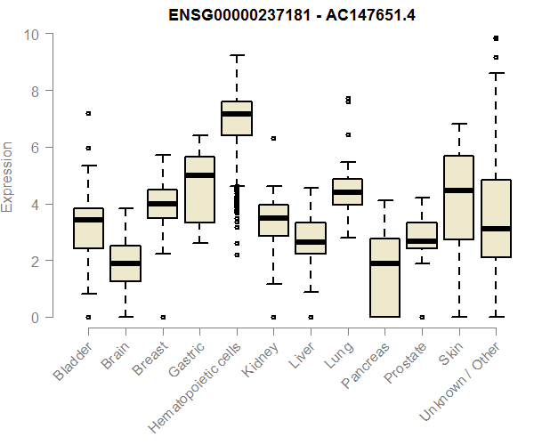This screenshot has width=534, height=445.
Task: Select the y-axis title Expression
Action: [x=8, y=176]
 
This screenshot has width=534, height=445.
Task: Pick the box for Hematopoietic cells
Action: [x=236, y=118]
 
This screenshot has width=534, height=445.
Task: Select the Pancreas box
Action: [x=384, y=278]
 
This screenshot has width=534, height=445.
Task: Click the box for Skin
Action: [x=458, y=198]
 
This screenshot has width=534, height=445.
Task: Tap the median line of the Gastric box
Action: [x=199, y=175]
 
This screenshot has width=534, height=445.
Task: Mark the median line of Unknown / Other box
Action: [x=496, y=229]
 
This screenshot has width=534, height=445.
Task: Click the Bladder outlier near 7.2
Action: [x=88, y=113]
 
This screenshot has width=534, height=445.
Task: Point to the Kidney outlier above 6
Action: [x=273, y=138]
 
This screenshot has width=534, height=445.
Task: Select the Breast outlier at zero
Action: [x=162, y=317]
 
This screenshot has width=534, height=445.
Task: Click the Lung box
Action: [x=347, y=191]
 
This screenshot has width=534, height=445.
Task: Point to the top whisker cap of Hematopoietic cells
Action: [x=236, y=55]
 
